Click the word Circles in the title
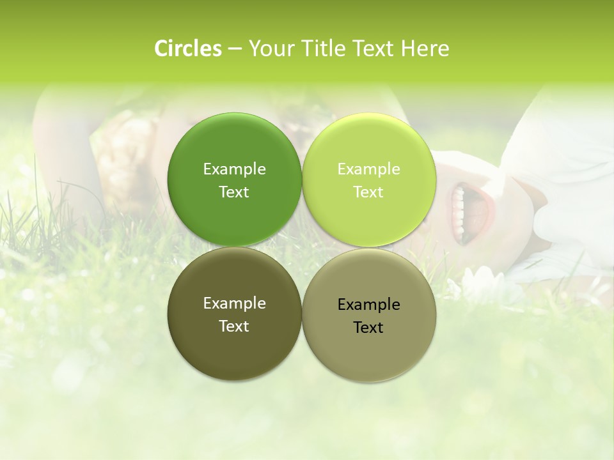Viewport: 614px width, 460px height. pyautogui.click(x=187, y=49)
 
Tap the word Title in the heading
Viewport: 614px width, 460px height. pyautogui.click(x=322, y=49)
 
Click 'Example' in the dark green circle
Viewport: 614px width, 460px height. pyautogui.click(x=234, y=169)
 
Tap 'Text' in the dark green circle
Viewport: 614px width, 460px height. pyautogui.click(x=234, y=192)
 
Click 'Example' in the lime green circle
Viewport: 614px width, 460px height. pyautogui.click(x=369, y=169)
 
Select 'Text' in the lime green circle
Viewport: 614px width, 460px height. pyautogui.click(x=369, y=192)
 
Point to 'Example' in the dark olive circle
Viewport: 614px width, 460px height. pyautogui.click(x=234, y=303)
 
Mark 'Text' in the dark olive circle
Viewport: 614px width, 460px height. pyautogui.click(x=234, y=326)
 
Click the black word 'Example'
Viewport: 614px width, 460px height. pyautogui.click(x=369, y=305)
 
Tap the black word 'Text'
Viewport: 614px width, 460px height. pyautogui.click(x=369, y=328)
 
